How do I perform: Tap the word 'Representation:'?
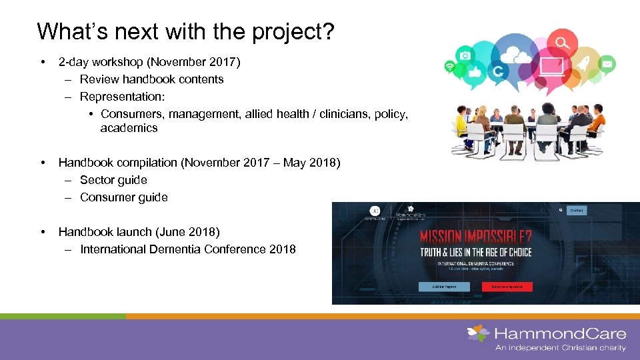pos(123,97)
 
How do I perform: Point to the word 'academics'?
pos(129,128)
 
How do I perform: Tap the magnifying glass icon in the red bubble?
pos(562,44)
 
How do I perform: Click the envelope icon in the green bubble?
pos(607,64)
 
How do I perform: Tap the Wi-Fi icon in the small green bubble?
pos(450,67)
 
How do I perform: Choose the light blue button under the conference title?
pos(444,287)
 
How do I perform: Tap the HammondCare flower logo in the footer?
pos(478,333)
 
